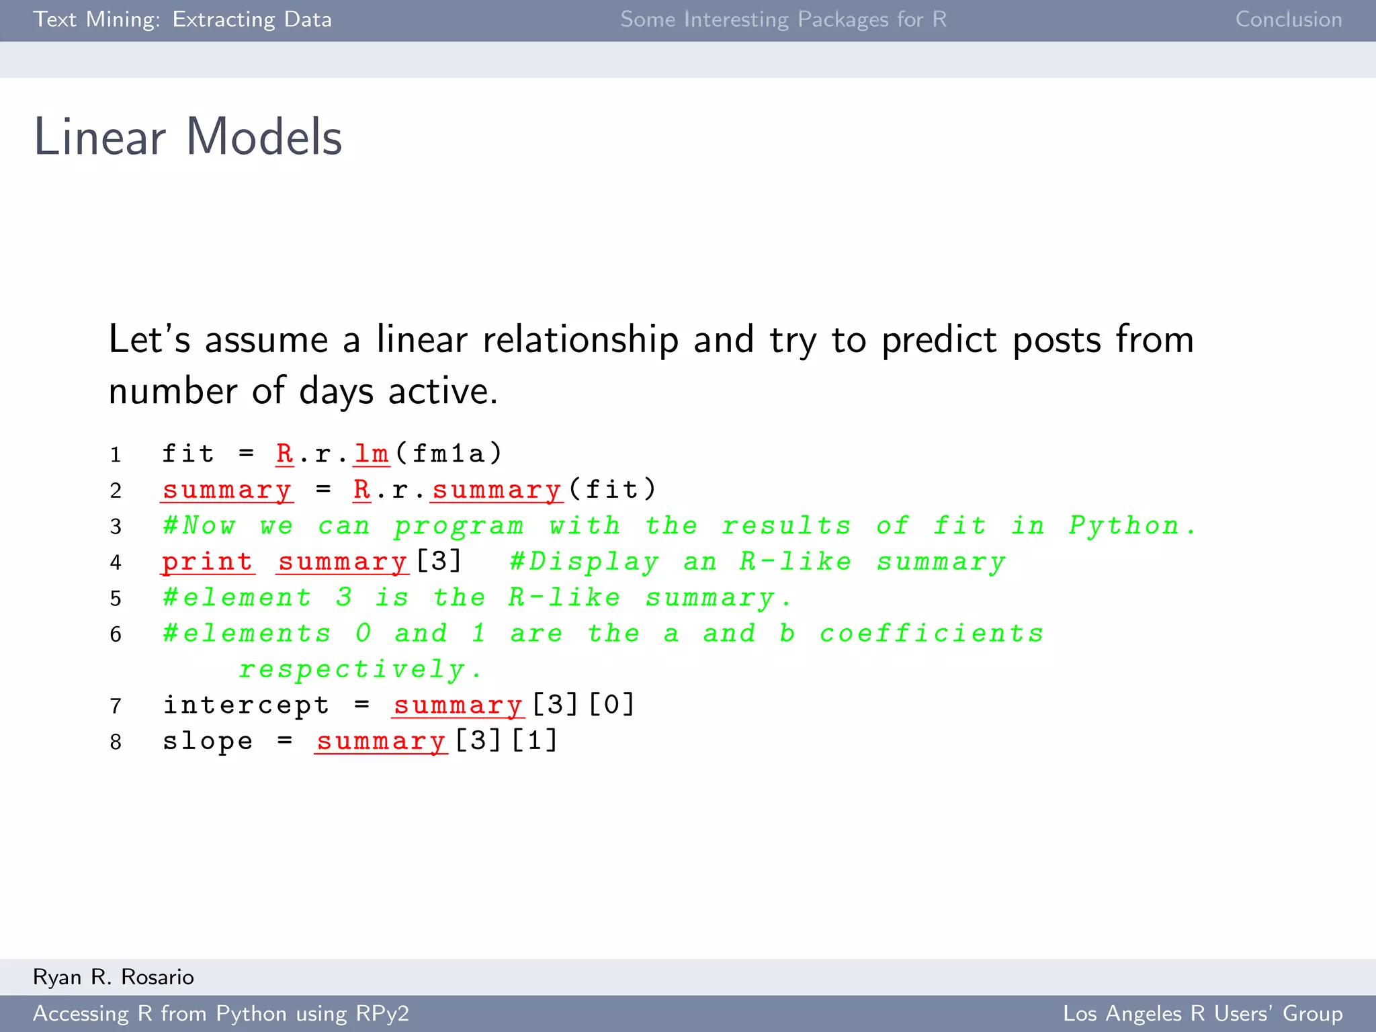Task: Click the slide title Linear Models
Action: click(188, 136)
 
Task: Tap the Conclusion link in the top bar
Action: click(1288, 19)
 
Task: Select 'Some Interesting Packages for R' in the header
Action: click(783, 19)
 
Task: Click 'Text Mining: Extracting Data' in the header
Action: click(182, 19)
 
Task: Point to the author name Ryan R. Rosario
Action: click(114, 976)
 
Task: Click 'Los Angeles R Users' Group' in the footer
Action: click(1202, 1013)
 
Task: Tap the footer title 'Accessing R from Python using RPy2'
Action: click(221, 1013)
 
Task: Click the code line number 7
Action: click(116, 706)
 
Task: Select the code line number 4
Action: click(116, 562)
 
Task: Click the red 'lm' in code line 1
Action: click(372, 454)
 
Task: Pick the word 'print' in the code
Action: click(208, 562)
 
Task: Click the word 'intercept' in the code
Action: click(246, 705)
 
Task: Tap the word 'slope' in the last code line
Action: click(208, 741)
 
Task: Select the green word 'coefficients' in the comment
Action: click(931, 634)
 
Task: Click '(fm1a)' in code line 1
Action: click(449, 454)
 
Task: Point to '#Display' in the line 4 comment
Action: click(584, 562)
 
